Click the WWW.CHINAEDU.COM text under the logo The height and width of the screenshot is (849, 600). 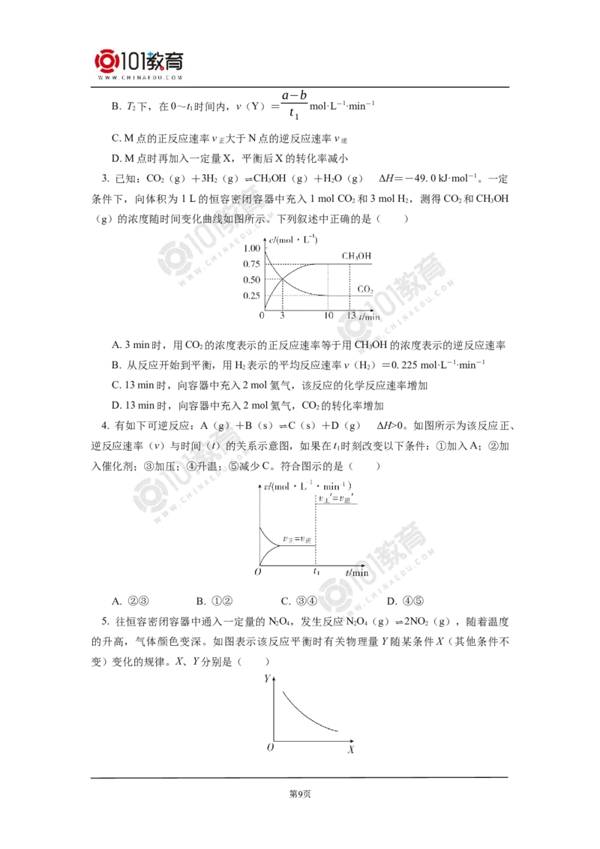click(139, 77)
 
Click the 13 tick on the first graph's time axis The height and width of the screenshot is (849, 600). click(351, 315)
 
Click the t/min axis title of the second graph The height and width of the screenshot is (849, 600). click(353, 573)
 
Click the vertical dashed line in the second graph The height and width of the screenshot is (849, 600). click(314, 525)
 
